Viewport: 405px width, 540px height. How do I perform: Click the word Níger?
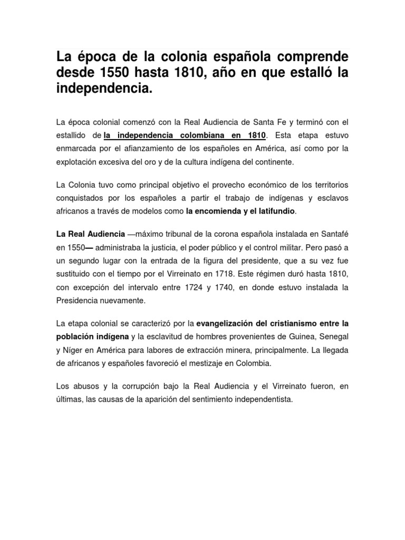click(72, 350)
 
